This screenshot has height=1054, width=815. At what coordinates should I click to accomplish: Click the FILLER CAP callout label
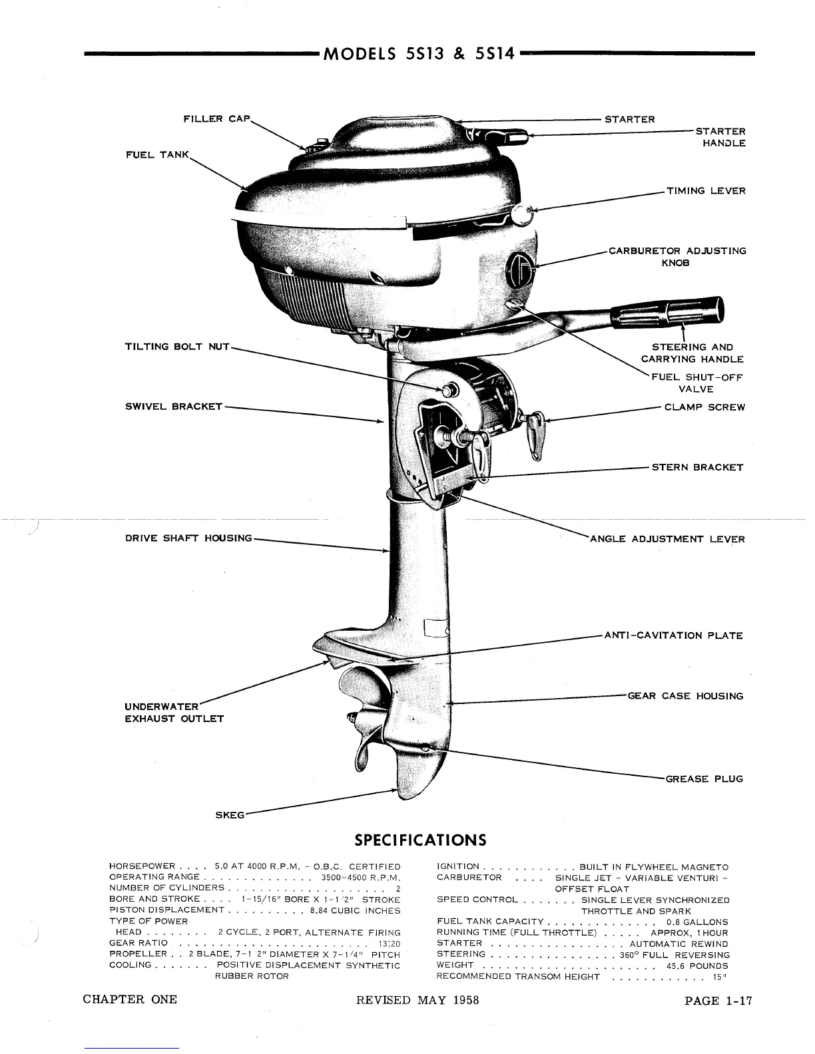pos(216,119)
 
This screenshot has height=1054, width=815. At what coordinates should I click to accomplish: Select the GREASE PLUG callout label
pos(704,779)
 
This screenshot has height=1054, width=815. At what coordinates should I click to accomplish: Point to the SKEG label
pos(230,814)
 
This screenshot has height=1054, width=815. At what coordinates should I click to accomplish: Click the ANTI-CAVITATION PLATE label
pos(673,635)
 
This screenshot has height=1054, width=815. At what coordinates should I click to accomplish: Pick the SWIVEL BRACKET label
pos(174,407)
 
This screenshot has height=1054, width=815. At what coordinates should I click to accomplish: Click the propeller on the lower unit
pos(363,719)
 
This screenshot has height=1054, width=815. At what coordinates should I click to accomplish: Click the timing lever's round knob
pos(521,214)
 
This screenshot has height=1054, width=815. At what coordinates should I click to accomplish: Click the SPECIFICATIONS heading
pos(420,840)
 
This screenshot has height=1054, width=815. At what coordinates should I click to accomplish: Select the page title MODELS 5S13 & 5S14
pos(419,54)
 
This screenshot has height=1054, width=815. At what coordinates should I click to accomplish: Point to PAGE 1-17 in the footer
pos(718,1000)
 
